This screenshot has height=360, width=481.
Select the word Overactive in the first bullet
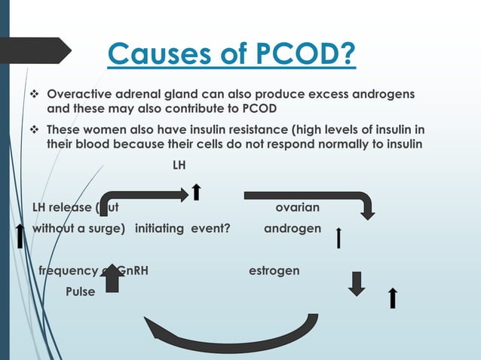[81, 96]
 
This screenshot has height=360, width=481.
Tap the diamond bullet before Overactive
[33, 96]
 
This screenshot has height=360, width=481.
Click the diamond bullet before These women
[33, 130]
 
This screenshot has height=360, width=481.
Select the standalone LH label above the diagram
[179, 163]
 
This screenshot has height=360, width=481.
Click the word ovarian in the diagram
[298, 207]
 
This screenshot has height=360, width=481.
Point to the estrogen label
[274, 270]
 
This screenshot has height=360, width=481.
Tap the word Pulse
[80, 291]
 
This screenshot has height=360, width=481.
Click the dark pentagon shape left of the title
[35, 50]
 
